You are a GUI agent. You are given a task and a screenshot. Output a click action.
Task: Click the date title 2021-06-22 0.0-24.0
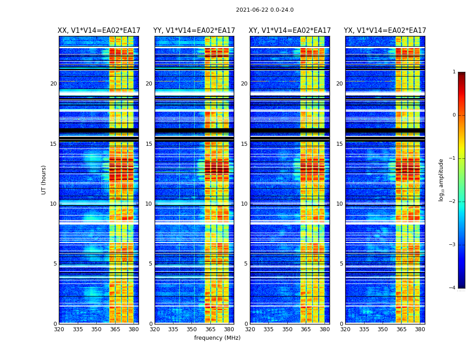tap(265, 10)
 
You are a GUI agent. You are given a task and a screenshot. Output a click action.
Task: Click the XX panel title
tap(99, 31)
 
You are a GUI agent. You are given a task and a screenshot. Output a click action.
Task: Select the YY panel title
tap(194, 31)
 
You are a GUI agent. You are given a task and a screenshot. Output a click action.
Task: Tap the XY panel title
tap(290, 31)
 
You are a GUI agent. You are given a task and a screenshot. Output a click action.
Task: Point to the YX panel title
tap(385, 31)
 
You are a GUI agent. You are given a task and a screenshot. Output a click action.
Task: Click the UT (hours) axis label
tap(44, 180)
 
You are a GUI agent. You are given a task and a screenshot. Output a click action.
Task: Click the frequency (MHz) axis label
tap(217, 338)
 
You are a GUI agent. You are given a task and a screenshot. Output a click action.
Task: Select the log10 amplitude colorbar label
tap(441, 180)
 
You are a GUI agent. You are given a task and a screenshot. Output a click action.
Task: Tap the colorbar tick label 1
tap(454, 72)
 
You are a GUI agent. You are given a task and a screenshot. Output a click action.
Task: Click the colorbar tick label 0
tap(454, 115)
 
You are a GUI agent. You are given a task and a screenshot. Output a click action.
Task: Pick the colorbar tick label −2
tap(452, 202)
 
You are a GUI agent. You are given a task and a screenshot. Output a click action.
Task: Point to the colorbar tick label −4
tap(452, 288)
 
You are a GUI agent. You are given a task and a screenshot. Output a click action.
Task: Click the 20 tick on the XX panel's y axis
tap(53, 84)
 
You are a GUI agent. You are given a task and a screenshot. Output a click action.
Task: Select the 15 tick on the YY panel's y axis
tap(149, 144)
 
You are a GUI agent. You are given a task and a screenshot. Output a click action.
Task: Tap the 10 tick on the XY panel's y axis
tap(244, 204)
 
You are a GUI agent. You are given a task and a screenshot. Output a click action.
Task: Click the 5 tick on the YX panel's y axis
tap(341, 264)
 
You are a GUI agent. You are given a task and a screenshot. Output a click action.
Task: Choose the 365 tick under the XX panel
tap(115, 329)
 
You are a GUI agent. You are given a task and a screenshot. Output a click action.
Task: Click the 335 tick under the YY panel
tap(173, 329)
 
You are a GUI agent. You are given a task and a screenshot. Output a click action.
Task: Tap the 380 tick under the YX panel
tap(420, 329)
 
